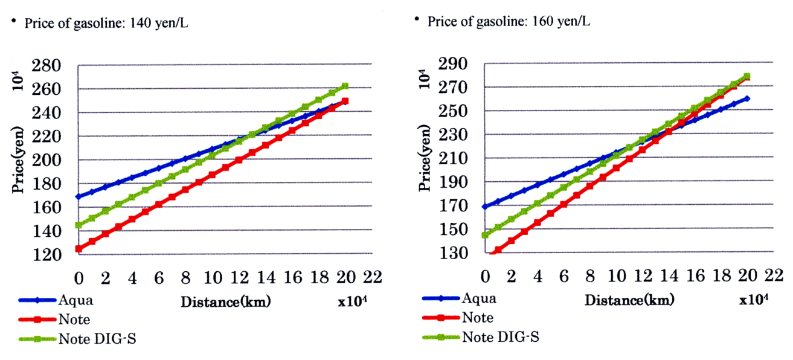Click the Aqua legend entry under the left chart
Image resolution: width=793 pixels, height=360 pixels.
pos(77,299)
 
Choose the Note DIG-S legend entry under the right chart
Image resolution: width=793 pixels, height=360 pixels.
pos(501,337)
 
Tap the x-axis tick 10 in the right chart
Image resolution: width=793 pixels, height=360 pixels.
pos(617,275)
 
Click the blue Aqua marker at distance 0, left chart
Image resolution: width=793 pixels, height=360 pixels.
pos(78,196)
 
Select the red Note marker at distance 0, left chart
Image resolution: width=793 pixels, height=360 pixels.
pos(78,248)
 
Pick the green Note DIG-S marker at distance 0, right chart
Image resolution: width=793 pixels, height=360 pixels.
pos(485,234)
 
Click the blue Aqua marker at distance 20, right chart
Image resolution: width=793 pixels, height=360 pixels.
pos(747,98)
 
